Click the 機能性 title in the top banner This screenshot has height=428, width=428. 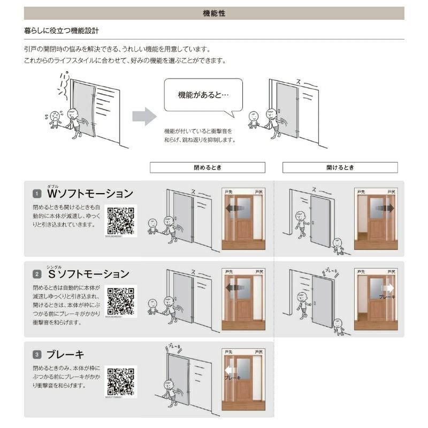(x=214, y=13)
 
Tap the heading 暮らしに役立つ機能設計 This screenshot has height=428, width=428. (x=62, y=30)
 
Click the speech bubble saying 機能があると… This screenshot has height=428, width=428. (x=203, y=95)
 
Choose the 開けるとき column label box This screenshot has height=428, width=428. (x=340, y=167)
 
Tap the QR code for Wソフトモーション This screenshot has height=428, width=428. (x=121, y=220)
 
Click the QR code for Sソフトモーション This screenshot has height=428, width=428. (x=121, y=301)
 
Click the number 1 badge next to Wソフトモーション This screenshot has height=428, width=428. (x=37, y=193)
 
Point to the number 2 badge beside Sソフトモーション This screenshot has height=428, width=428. (x=37, y=274)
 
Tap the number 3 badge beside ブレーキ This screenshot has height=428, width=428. (x=37, y=354)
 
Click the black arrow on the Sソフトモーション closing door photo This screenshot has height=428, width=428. (x=233, y=288)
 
